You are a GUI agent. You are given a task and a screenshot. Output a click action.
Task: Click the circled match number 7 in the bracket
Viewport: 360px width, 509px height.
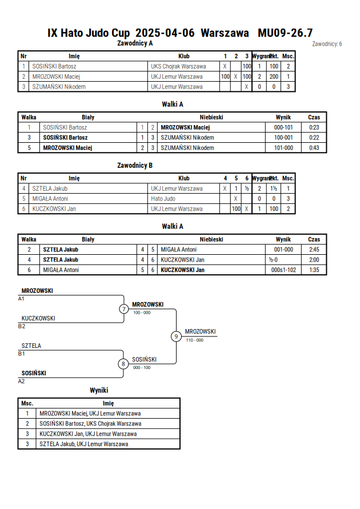123,308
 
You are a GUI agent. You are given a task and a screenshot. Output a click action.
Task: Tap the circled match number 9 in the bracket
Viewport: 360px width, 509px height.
176,336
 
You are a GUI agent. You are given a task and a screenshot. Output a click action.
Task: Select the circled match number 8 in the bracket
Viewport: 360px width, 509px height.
123,364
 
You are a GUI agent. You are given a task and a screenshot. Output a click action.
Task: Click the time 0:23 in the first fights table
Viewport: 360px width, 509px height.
314,127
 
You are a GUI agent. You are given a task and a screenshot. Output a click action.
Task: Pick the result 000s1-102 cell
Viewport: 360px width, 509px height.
283,270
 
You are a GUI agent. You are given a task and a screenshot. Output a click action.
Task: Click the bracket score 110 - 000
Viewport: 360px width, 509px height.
195,340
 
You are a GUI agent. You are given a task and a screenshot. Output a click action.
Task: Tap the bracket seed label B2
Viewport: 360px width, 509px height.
21,326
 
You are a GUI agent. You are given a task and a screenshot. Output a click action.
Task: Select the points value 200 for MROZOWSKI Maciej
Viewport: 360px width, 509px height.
274,77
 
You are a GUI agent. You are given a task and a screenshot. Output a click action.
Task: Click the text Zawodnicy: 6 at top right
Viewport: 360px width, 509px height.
327,44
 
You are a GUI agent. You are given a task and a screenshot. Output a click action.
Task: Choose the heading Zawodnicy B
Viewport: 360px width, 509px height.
135,165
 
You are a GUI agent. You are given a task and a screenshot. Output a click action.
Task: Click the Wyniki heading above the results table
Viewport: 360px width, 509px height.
99,390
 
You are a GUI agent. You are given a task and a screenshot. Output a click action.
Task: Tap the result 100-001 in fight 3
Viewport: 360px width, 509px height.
283,138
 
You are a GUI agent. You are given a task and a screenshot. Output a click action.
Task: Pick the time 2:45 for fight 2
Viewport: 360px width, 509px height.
314,250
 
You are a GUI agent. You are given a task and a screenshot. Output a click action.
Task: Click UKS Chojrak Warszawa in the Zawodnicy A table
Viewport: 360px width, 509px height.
178,66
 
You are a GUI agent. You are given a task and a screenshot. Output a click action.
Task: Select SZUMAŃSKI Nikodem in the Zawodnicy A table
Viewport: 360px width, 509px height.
59,87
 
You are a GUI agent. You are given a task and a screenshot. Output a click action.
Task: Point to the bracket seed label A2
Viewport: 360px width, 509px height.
21,381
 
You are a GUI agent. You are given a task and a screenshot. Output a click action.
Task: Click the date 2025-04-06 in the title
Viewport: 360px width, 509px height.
165,33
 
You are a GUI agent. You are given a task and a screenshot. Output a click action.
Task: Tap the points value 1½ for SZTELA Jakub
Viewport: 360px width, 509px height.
274,189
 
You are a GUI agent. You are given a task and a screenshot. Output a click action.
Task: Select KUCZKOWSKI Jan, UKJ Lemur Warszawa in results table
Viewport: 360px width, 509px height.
88,434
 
